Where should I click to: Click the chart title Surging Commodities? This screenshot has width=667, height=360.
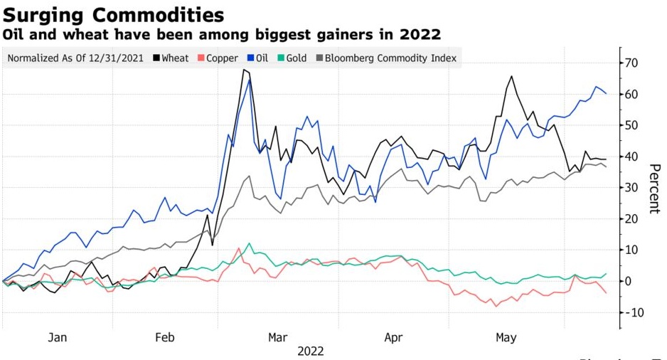[114, 14]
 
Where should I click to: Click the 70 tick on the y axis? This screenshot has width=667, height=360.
[631, 63]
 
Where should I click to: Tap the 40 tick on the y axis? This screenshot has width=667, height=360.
[631, 157]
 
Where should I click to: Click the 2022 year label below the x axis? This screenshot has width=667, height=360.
[311, 351]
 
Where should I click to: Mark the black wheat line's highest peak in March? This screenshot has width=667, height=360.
[244, 69]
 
